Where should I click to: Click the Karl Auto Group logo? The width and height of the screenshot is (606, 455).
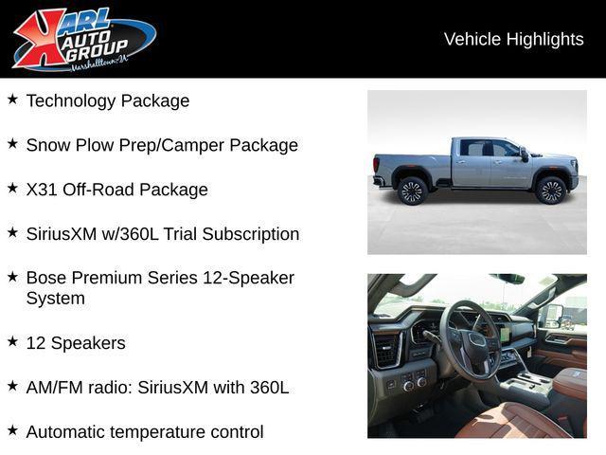(x=84, y=40)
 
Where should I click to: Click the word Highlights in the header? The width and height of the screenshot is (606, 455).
(x=545, y=40)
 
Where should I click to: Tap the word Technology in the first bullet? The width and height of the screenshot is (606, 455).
(x=71, y=101)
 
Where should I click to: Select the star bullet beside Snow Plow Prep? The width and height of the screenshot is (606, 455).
(x=12, y=143)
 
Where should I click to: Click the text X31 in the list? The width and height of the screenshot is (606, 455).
(x=42, y=190)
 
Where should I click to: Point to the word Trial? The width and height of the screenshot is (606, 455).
(x=180, y=234)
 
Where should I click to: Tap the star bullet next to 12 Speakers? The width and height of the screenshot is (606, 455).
(x=12, y=341)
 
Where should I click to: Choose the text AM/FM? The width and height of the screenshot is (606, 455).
(x=55, y=388)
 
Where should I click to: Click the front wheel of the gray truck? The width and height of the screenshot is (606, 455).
(x=551, y=191)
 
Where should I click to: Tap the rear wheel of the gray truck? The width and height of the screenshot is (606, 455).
(x=413, y=191)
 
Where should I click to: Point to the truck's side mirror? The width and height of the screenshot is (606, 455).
(x=524, y=155)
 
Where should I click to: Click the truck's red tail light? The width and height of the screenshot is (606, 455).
(x=376, y=164)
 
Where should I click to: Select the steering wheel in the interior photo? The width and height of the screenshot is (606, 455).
(x=470, y=340)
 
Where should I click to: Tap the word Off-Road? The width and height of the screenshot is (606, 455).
(x=98, y=190)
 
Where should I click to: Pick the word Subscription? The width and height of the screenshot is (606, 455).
(x=251, y=234)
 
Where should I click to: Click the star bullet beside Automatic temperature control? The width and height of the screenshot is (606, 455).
(x=12, y=430)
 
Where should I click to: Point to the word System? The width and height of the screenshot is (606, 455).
(x=56, y=299)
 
